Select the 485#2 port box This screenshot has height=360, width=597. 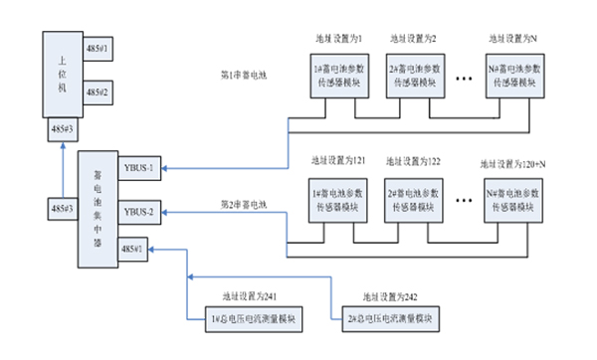tap(97, 91)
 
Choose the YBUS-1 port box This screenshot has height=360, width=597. tap(137, 168)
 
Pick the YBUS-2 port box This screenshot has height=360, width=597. tap(137, 212)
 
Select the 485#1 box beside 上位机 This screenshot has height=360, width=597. tap(97, 48)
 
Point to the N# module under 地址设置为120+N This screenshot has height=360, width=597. tap(513, 196)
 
